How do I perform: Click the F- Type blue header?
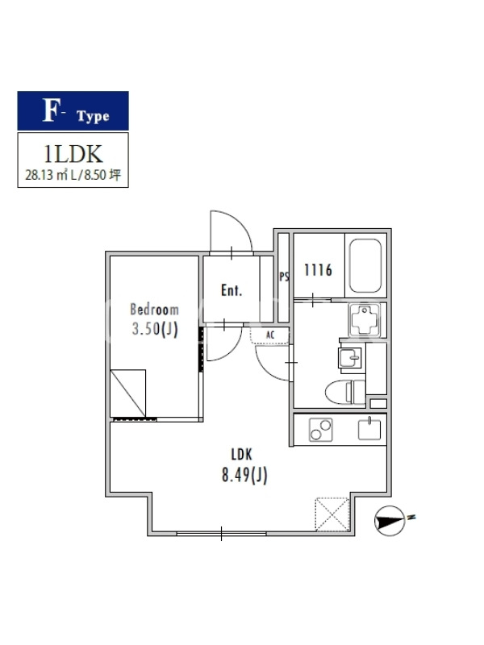[x=73, y=111]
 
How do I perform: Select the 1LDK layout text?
[x=73, y=154]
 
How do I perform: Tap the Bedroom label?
[x=154, y=310]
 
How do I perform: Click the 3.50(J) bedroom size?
[x=155, y=329]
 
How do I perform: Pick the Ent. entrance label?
[x=232, y=290]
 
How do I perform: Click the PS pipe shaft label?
[x=284, y=277]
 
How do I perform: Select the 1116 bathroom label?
[x=318, y=270]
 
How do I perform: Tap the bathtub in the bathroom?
[x=365, y=266]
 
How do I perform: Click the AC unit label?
[x=270, y=335]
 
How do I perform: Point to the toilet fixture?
[x=345, y=393]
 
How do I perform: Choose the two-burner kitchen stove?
[x=320, y=430]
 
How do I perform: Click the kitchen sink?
[x=369, y=429]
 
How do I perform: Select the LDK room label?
[x=241, y=455]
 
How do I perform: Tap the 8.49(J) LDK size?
[x=244, y=476]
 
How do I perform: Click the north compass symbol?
[x=390, y=521]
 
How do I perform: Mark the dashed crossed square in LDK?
[x=332, y=514]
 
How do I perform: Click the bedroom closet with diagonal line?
[x=128, y=393]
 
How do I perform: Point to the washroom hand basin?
[x=350, y=357]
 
